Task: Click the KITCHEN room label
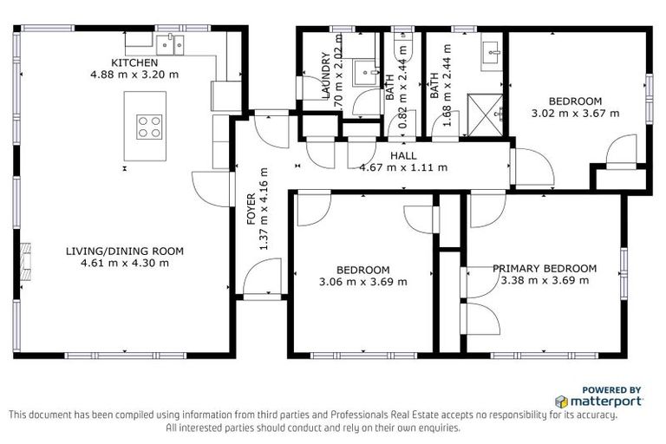click(x=134, y=62)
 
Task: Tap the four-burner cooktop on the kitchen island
click(x=148, y=127)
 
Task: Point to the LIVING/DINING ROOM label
click(x=125, y=251)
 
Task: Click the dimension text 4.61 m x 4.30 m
click(x=125, y=263)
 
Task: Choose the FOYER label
click(x=251, y=209)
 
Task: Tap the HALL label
click(x=403, y=156)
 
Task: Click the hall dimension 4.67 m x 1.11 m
click(x=403, y=167)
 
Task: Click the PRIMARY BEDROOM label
click(x=545, y=269)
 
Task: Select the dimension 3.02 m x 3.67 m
click(x=576, y=113)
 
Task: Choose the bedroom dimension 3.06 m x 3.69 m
click(x=363, y=281)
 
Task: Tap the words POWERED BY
click(x=611, y=390)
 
